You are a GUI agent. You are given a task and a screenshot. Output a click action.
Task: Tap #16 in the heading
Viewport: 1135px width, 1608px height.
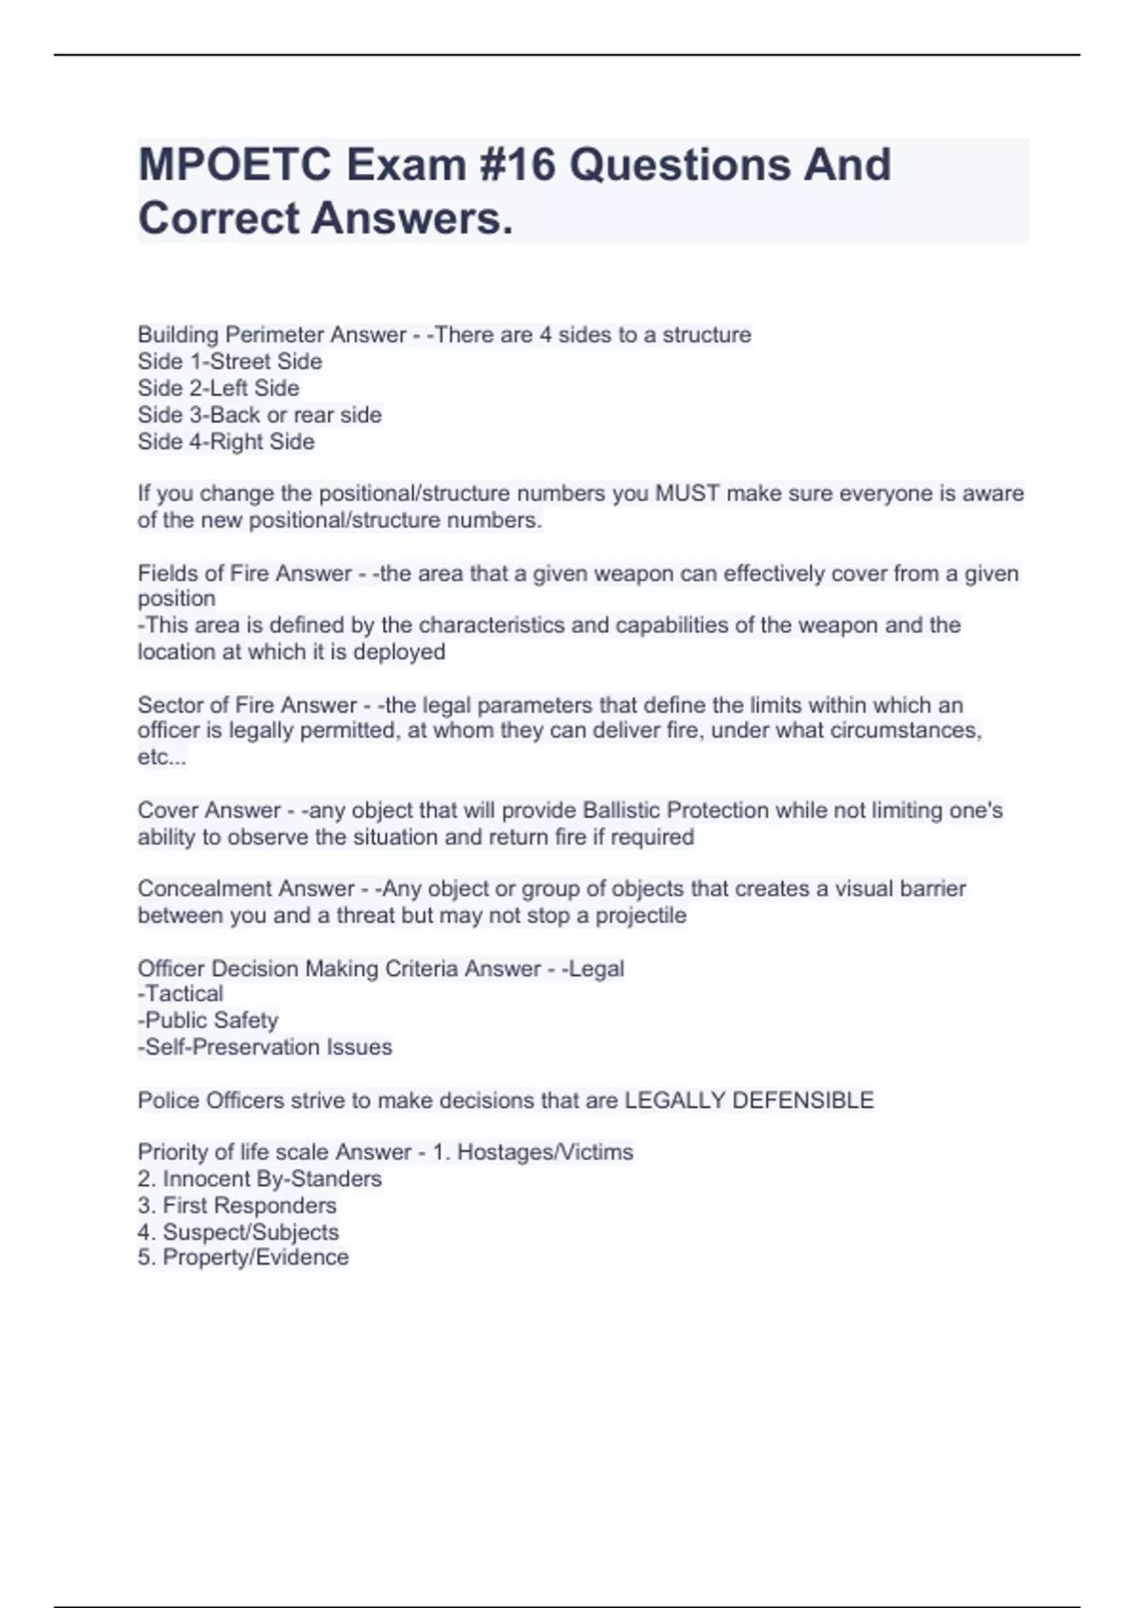[508, 166]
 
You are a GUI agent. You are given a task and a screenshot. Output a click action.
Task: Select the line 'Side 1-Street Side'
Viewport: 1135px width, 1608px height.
[230, 361]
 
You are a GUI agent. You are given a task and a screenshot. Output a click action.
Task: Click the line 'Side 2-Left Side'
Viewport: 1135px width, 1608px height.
[218, 388]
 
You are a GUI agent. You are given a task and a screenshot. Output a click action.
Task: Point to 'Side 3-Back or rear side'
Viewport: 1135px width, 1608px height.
[259, 414]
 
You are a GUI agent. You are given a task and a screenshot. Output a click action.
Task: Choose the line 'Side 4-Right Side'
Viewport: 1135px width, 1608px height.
[226, 442]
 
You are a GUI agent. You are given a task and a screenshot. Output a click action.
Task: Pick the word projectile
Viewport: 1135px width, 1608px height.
[640, 916]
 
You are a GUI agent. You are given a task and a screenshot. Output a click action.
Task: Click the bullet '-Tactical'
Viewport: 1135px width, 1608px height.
[181, 994]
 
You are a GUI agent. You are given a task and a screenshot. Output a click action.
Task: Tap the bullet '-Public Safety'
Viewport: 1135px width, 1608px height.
[208, 1021]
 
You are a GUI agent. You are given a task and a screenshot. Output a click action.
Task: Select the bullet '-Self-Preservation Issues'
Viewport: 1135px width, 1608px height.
[265, 1047]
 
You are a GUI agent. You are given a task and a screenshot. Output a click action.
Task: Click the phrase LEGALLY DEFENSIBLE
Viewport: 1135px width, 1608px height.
[749, 1100]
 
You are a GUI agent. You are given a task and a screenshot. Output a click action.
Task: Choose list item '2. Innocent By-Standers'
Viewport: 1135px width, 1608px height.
[259, 1179]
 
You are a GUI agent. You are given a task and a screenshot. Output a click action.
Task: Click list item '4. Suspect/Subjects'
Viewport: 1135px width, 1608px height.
[237, 1232]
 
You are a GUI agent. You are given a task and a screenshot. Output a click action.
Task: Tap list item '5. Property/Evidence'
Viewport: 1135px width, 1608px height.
[243, 1257]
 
